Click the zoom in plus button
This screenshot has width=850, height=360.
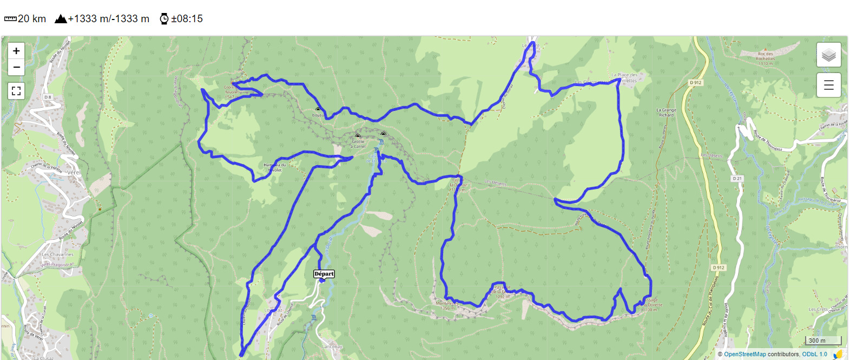click(16, 51)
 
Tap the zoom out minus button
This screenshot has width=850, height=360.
click(16, 67)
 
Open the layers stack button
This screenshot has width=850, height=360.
click(828, 55)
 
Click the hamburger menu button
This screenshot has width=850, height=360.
click(828, 85)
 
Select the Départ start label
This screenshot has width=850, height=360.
click(324, 274)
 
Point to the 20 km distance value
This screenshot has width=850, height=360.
click(32, 19)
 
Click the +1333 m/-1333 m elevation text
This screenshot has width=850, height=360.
click(108, 19)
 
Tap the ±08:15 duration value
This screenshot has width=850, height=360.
click(187, 19)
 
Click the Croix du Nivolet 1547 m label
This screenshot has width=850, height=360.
click(232, 91)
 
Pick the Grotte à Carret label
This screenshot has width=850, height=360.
click(358, 143)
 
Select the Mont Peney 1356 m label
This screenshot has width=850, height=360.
click(447, 305)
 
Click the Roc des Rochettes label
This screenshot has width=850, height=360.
click(765, 58)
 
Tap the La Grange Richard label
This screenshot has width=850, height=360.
click(666, 112)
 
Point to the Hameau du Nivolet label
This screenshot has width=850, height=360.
click(274, 167)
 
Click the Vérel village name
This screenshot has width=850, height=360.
click(74, 172)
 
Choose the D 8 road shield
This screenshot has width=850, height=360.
click(48, 97)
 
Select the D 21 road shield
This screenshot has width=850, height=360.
click(737, 178)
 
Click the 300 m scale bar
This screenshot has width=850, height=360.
click(823, 340)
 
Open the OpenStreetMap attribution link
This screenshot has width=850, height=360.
click(744, 354)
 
